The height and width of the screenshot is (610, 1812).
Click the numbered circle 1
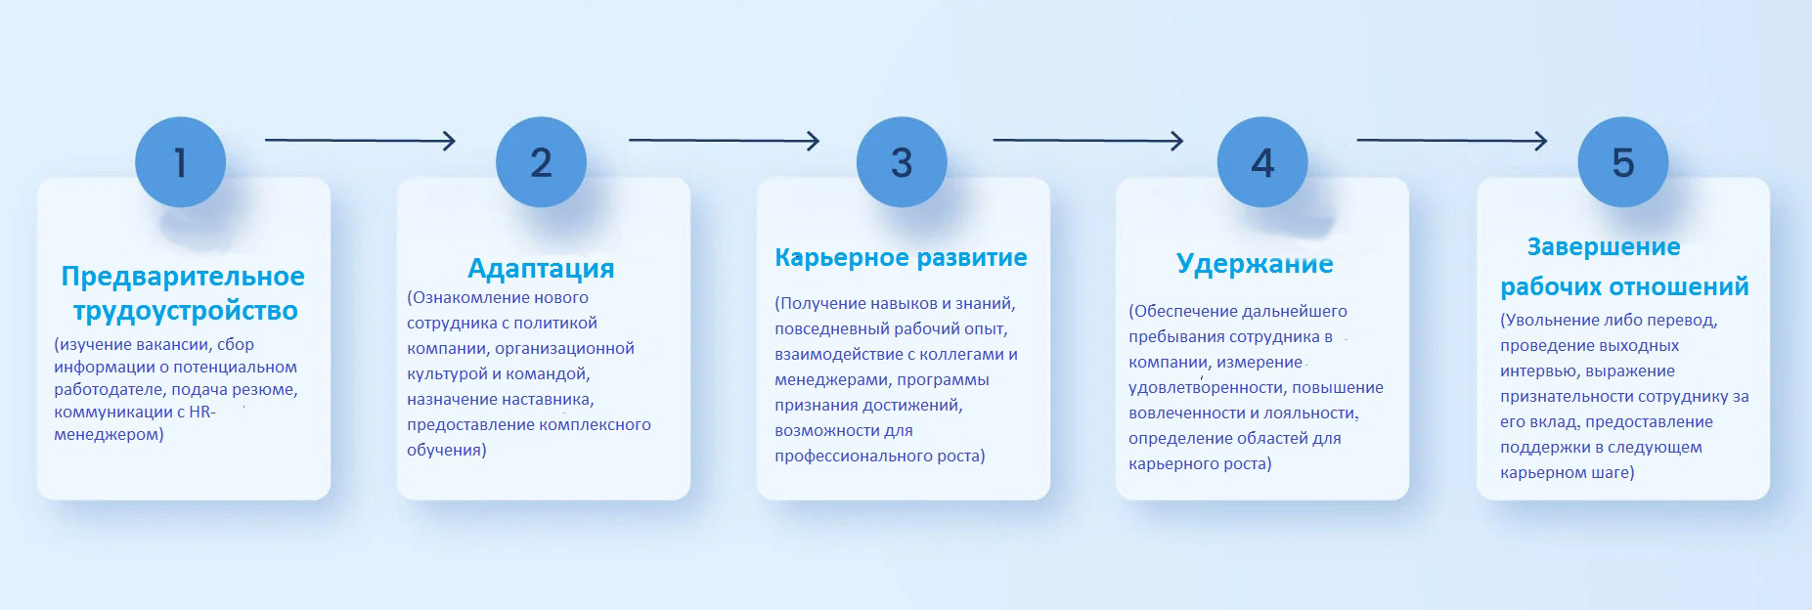tap(180, 161)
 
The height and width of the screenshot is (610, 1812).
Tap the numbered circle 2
tap(541, 161)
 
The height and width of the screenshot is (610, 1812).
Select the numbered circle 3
tap(902, 161)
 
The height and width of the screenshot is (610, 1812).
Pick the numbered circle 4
tap(1262, 161)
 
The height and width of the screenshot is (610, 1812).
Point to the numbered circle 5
tap(1623, 161)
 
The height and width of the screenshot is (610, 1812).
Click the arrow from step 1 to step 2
tap(361, 141)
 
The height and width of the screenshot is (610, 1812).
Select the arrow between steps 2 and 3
tap(724, 141)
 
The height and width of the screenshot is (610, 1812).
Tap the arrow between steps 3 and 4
tap(1088, 141)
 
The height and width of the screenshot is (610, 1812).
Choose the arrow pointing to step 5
tap(1452, 141)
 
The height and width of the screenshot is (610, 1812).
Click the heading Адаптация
tap(541, 268)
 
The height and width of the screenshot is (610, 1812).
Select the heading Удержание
tap(1255, 264)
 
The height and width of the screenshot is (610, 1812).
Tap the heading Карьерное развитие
tap(901, 257)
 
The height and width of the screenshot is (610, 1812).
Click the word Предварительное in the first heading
tap(183, 277)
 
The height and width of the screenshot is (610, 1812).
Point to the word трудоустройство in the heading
tap(185, 311)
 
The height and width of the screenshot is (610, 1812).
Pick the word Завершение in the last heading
tap(1604, 246)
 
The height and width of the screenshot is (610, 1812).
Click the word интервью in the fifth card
tap(1539, 371)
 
